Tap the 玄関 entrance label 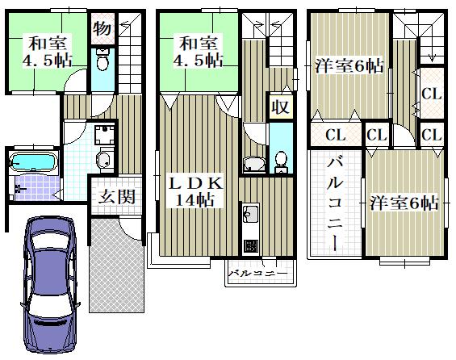coord(117,197)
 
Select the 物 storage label coord(102,28)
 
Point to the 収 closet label coord(280,107)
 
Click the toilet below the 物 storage coord(102,61)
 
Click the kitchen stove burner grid coord(250,246)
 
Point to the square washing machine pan coord(104,135)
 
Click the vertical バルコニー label coord(334,204)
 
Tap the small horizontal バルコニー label coord(257,274)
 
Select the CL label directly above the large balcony coord(335,135)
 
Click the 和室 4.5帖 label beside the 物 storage coord(47,52)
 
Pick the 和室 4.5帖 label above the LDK coord(198,52)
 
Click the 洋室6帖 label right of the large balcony coord(404,203)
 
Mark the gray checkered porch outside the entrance coord(116,266)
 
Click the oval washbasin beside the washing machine coord(104,158)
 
